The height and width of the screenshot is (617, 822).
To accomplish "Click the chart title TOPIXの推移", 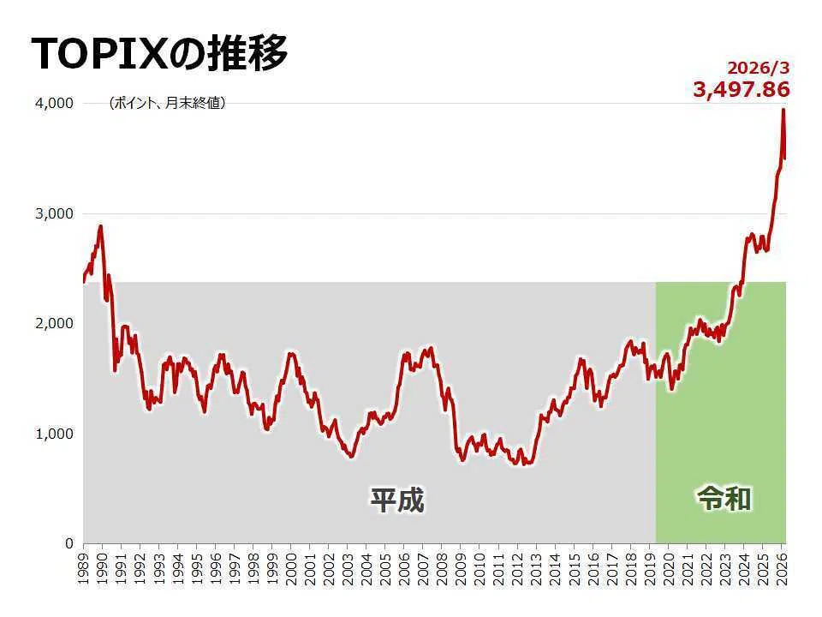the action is [159, 53].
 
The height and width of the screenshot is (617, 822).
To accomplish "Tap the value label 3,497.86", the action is [742, 89].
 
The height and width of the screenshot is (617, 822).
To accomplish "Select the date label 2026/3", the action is [758, 68].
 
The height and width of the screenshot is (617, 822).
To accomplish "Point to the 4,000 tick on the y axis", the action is [54, 104].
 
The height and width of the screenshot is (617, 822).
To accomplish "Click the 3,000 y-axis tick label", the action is [54, 214].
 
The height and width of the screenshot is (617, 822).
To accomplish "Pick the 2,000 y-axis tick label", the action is [54, 324].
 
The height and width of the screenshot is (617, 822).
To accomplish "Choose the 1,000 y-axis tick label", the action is [54, 434].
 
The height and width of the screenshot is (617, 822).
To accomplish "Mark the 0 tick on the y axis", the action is [69, 543].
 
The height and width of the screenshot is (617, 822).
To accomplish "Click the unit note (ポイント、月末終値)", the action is [167, 103].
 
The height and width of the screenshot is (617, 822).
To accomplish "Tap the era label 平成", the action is [397, 500].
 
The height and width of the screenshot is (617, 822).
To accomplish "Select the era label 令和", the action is [724, 499].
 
